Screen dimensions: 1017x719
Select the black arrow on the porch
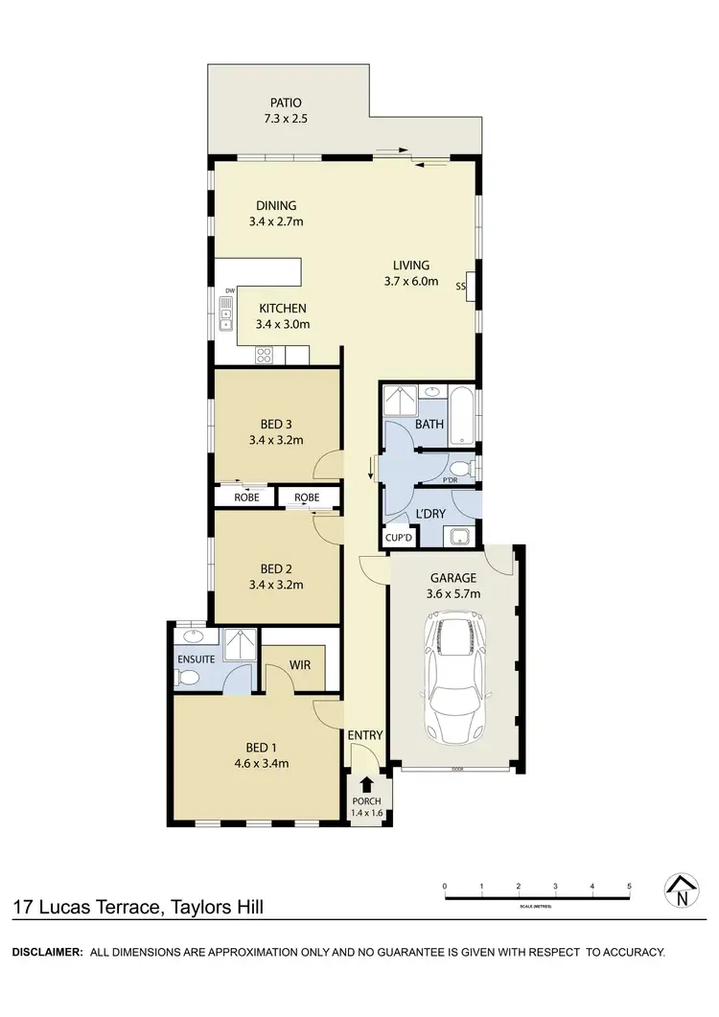point(366,784)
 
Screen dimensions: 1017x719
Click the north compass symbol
point(681,890)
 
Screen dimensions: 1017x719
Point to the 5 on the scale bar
point(629,887)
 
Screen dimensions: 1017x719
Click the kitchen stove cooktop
point(266,356)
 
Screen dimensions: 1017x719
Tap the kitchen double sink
point(225,313)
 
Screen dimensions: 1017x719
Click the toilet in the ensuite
point(189,677)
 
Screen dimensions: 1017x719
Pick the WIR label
point(299,662)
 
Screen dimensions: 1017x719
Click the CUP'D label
point(397,538)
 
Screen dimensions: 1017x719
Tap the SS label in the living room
point(460,286)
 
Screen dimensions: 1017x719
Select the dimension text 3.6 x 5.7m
point(454,593)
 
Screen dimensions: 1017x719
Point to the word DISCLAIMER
point(46,952)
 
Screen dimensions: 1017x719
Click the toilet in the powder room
point(462,469)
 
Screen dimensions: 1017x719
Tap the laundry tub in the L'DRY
point(460,536)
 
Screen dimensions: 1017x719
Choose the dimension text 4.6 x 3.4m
point(262,763)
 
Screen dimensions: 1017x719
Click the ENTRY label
point(366,735)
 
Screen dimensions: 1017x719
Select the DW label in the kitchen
point(230,290)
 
